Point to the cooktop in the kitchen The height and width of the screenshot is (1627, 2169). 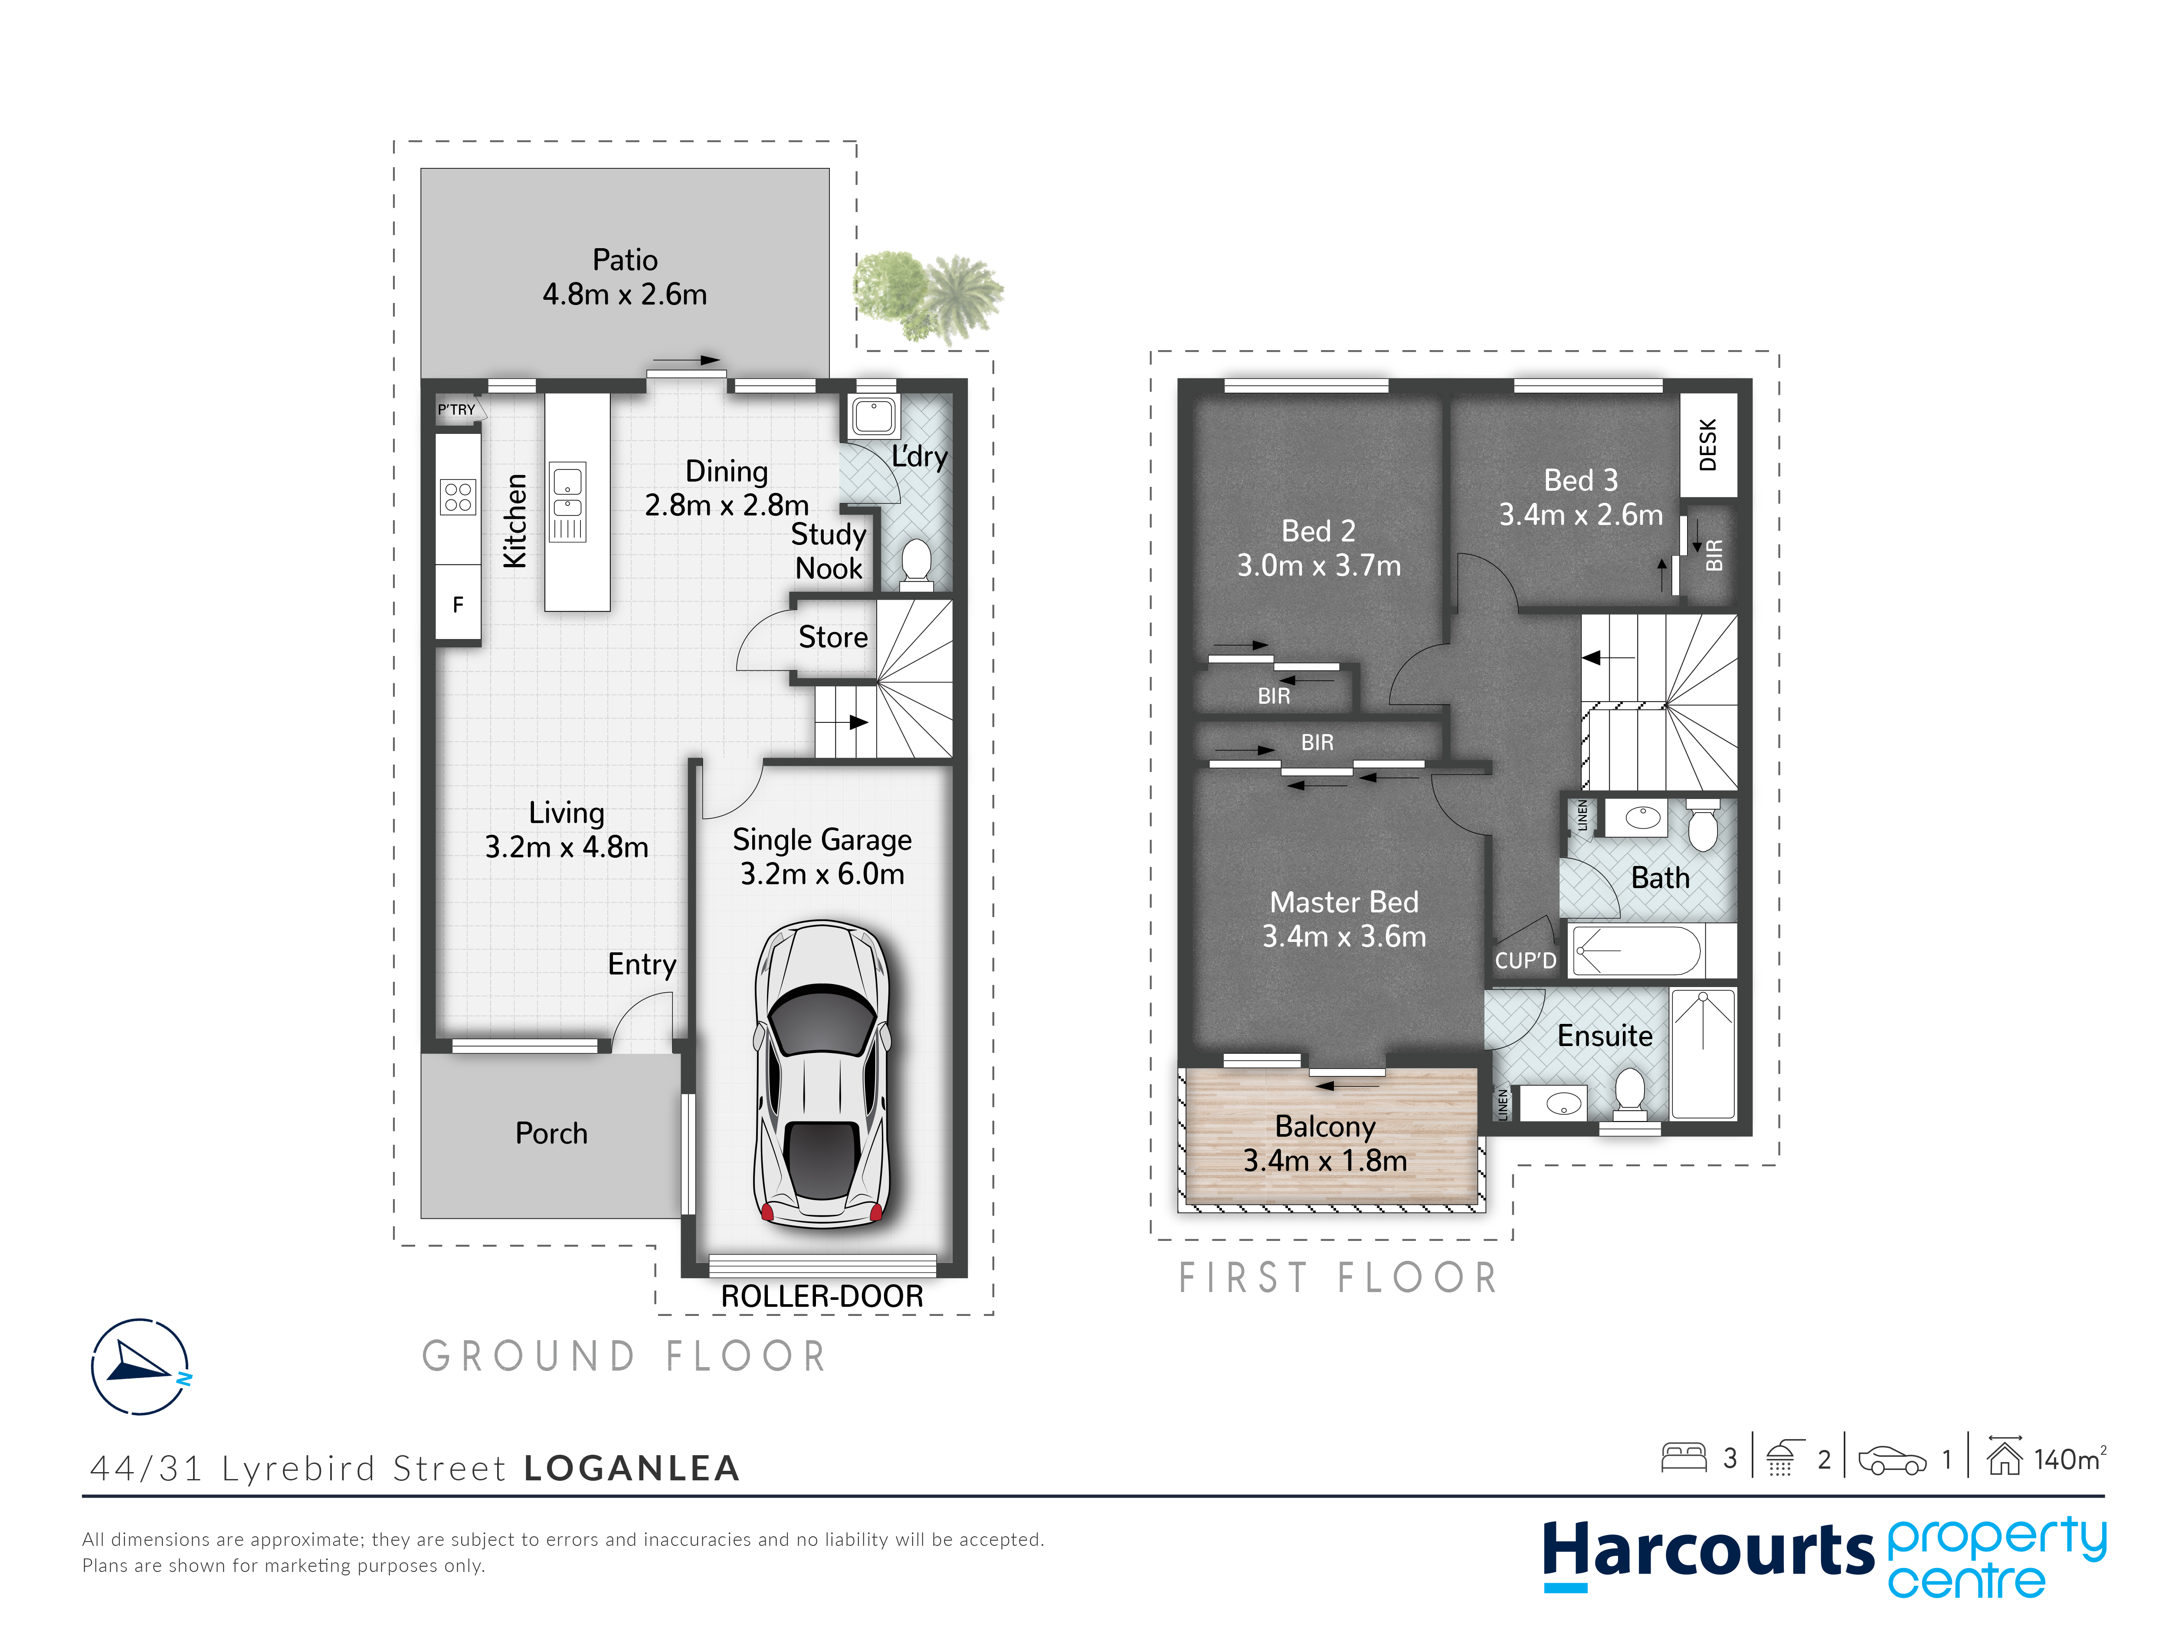(458, 497)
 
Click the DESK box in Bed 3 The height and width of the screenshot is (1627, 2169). (1708, 445)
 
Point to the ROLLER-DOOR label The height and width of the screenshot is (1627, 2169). (822, 1296)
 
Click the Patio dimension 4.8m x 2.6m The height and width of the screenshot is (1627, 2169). (625, 294)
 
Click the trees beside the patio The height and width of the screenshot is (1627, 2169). (927, 296)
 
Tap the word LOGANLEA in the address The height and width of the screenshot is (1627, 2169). (632, 1468)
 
